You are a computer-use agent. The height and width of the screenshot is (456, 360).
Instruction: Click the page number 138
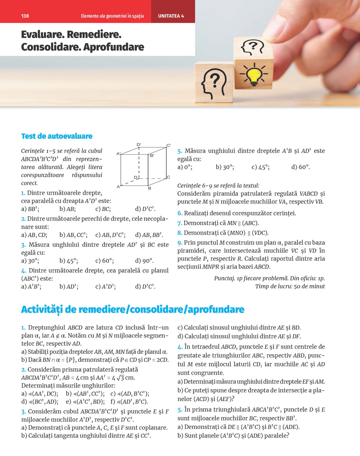click(x=25, y=16)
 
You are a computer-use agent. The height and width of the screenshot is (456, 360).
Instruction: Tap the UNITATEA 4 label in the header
click(x=171, y=16)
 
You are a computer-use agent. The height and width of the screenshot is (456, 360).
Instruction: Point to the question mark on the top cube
click(x=252, y=48)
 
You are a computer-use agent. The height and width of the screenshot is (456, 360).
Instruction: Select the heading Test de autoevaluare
click(x=57, y=136)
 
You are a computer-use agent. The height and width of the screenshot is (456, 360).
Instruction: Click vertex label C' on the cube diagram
click(x=168, y=145)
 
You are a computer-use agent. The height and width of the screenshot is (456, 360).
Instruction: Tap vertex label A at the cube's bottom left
click(x=118, y=187)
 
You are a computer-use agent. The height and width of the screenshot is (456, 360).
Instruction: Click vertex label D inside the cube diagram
click(x=136, y=177)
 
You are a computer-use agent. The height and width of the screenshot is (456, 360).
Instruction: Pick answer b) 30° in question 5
click(x=225, y=167)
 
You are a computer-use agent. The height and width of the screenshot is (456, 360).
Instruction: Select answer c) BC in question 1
click(x=103, y=209)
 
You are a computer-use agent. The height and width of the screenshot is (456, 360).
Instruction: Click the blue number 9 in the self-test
click(x=180, y=243)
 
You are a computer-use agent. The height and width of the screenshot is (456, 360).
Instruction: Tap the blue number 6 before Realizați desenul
click(x=180, y=213)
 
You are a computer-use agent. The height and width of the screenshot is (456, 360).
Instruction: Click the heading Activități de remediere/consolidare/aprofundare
click(x=133, y=309)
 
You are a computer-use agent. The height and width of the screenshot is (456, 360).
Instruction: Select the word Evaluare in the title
click(x=42, y=34)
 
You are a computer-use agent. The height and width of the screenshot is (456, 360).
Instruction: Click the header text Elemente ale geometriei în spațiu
click(x=112, y=16)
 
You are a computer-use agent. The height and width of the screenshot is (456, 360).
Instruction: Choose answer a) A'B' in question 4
click(x=31, y=287)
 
